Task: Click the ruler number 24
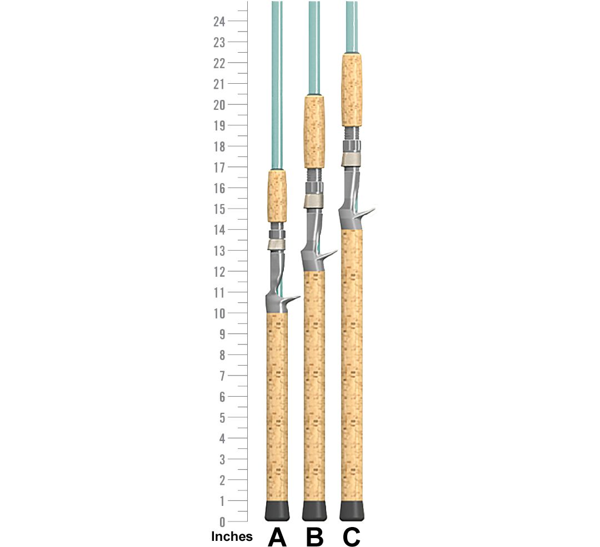point(219,22)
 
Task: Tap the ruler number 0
point(222,522)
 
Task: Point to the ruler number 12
point(219,272)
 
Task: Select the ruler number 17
point(219,168)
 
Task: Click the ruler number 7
point(222,376)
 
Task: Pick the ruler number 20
point(219,105)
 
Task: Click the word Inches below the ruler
point(232,536)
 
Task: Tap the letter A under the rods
point(277,537)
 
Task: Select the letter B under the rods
point(314,537)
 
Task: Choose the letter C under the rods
point(351,537)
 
